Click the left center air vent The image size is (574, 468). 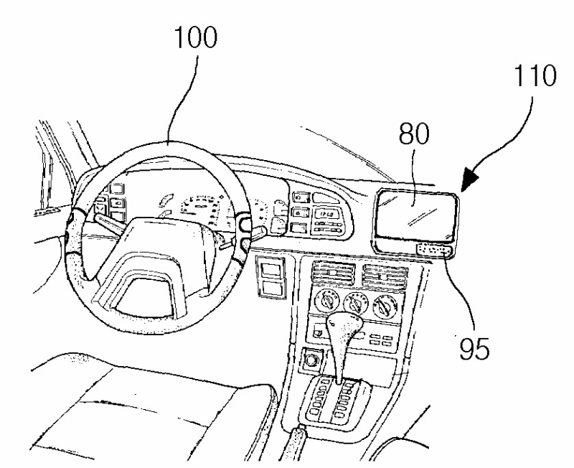pyautogui.click(x=331, y=273)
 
